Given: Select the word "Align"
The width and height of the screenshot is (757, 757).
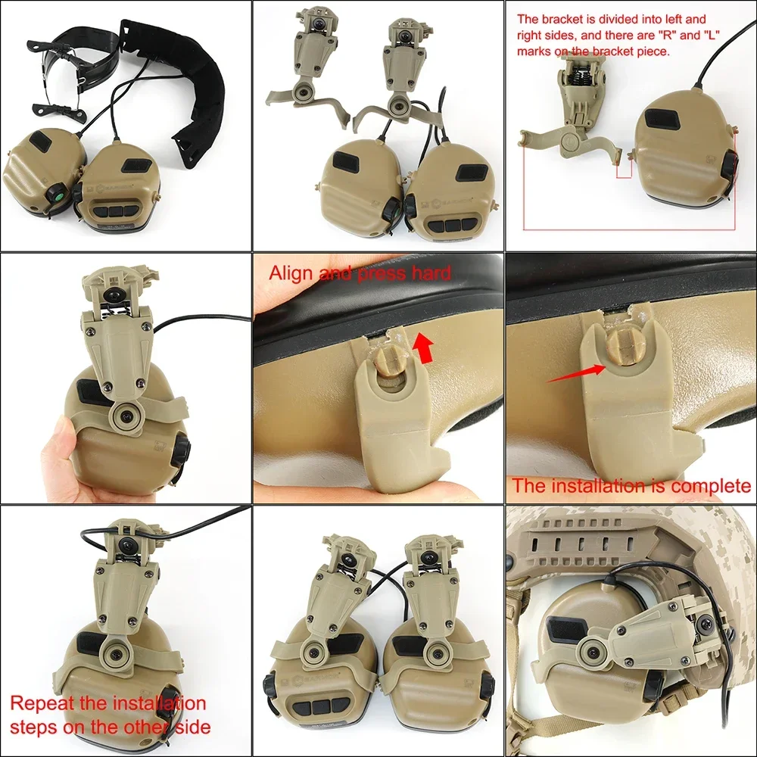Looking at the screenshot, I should [291, 273].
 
